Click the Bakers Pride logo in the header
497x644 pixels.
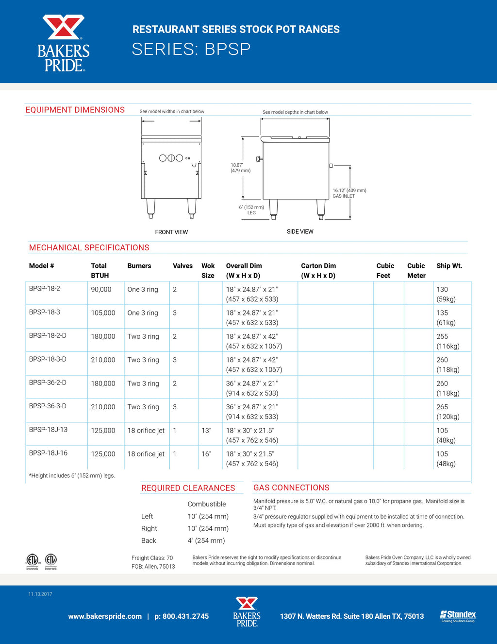click(64, 43)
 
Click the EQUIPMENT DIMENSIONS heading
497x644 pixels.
click(75, 110)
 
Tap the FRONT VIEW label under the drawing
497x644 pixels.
click(171, 232)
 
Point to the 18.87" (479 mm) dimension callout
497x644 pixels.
click(240, 168)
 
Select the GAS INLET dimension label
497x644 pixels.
click(349, 193)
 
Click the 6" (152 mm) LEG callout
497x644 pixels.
click(251, 210)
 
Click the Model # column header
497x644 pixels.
click(42, 266)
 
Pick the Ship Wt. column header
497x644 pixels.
click(449, 266)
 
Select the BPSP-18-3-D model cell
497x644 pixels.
click(48, 359)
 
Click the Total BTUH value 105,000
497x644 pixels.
click(103, 313)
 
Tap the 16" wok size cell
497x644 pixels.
click(206, 454)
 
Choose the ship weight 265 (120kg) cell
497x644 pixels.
click(447, 412)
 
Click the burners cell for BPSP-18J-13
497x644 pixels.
click(146, 431)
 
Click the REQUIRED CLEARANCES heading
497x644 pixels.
click(188, 488)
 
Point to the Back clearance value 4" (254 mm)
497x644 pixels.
click(206, 540)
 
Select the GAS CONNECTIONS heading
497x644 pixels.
click(291, 487)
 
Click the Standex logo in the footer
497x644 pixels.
click(458, 616)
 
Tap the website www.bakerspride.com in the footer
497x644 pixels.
click(105, 616)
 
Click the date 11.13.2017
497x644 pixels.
click(40, 594)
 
